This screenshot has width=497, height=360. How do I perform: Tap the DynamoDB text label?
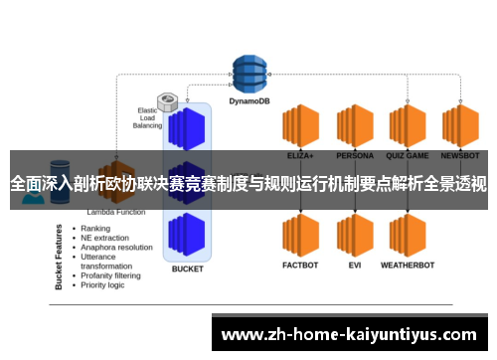251,99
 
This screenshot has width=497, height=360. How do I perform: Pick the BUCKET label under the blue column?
187,269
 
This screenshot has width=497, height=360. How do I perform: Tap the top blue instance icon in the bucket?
187,128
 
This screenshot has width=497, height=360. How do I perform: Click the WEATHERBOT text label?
408,266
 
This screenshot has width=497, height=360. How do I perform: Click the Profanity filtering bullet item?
115,275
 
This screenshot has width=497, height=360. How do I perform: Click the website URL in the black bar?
353,332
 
